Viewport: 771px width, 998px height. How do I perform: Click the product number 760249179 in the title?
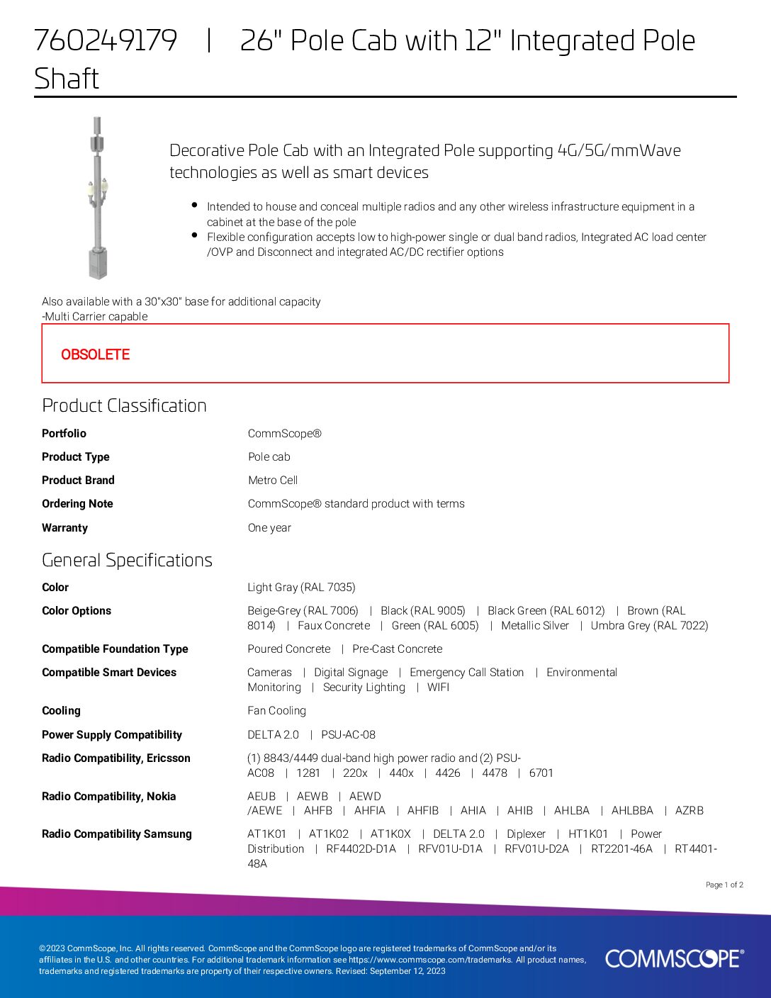click(x=105, y=40)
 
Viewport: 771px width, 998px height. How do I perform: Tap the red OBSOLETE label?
click(x=95, y=354)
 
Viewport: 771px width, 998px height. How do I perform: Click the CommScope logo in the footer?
click(x=674, y=958)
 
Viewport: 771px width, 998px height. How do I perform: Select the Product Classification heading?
click(x=124, y=405)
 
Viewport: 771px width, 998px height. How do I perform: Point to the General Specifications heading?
click(x=127, y=560)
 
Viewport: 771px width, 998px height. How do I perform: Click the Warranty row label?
click(x=64, y=527)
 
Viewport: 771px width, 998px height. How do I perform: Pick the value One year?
click(x=269, y=527)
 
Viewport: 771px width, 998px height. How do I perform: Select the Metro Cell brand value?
click(x=273, y=480)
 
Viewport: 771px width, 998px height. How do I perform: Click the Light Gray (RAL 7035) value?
click(x=301, y=587)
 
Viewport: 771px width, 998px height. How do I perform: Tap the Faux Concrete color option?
click(x=334, y=625)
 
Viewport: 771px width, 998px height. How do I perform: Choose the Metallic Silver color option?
click(x=535, y=625)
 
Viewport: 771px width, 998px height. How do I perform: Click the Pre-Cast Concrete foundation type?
click(x=397, y=649)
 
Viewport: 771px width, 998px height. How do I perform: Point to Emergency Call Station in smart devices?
click(x=467, y=672)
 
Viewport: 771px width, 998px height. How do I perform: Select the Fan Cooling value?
click(x=276, y=710)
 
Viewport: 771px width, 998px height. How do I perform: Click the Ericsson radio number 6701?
click(x=541, y=773)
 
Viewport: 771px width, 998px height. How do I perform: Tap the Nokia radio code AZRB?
click(x=689, y=810)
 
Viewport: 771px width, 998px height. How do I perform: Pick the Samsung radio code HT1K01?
click(x=588, y=834)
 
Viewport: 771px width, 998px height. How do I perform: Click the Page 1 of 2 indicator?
click(x=724, y=885)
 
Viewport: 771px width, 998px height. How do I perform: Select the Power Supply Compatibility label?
click(x=112, y=734)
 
